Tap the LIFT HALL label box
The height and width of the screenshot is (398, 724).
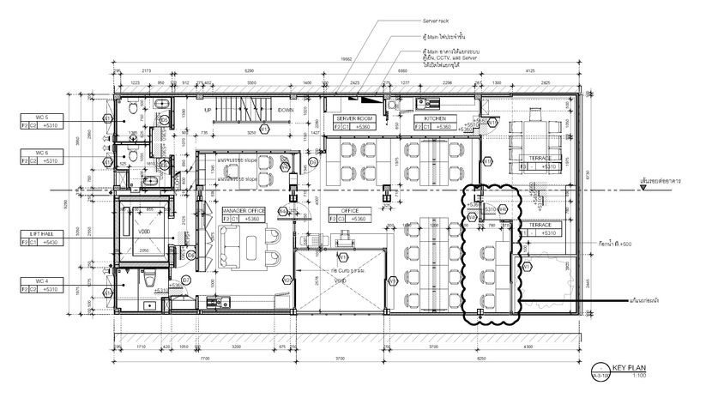[x=41, y=233]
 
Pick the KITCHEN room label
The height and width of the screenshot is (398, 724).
[x=434, y=118]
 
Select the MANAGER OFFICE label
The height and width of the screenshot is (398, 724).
[x=244, y=210]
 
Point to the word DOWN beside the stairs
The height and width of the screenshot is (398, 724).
[x=287, y=111]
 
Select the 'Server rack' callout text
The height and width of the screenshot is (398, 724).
[x=436, y=19]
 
